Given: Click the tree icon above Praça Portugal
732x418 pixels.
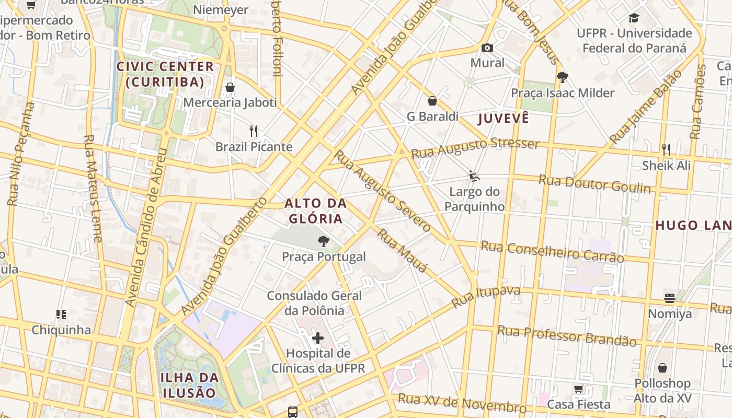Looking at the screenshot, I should tap(324, 241).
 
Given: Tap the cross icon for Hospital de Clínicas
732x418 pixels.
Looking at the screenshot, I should tap(317, 338).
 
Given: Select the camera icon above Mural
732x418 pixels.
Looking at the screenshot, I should tap(487, 48).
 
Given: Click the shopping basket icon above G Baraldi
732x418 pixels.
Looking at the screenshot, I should tap(432, 101).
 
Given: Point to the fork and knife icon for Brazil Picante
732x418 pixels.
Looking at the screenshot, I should tap(254, 131).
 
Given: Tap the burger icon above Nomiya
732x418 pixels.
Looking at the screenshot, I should tap(670, 298).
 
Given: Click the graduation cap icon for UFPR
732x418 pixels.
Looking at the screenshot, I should tap(634, 18).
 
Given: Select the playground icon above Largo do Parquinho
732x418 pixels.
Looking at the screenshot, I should tap(474, 176).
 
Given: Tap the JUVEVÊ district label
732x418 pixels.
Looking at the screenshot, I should tap(504, 118).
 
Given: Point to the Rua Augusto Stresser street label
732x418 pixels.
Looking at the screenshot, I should tap(475, 148).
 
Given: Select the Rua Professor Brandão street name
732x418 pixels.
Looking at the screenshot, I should tap(567, 335).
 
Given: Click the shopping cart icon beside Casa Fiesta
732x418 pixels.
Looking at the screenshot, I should tap(578, 389).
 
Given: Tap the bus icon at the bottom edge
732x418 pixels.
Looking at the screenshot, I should tap(293, 412).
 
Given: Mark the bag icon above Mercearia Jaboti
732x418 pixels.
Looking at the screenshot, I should tap(230, 87).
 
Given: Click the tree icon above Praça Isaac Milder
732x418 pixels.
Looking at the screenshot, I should tap(563, 77).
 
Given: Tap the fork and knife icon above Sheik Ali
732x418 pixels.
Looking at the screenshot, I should tap(666, 150).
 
